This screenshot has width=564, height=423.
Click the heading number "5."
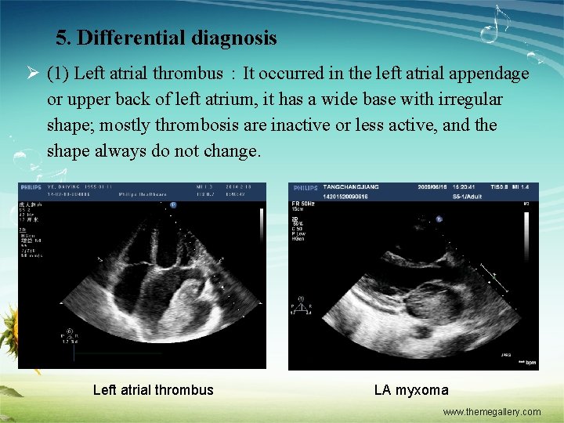(x=64, y=38)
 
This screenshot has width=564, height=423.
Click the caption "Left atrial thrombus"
(x=153, y=390)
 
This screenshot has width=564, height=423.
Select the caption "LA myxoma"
(x=411, y=390)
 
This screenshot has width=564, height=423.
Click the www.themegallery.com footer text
(x=492, y=412)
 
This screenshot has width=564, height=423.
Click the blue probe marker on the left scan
(x=173, y=205)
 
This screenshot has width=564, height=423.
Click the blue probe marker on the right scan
(x=439, y=219)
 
